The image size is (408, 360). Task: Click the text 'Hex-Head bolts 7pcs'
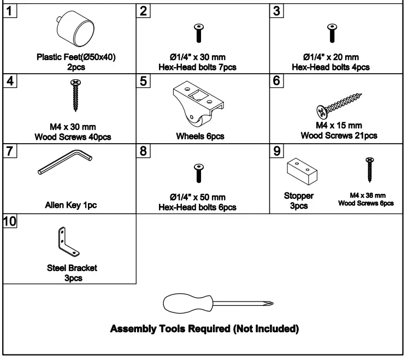(x=198, y=67)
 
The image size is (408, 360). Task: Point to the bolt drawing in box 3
(x=330, y=33)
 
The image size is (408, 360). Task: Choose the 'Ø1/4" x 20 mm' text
(x=330, y=57)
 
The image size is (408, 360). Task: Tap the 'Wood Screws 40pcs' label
(x=73, y=137)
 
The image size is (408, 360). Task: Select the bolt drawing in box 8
(x=198, y=173)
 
